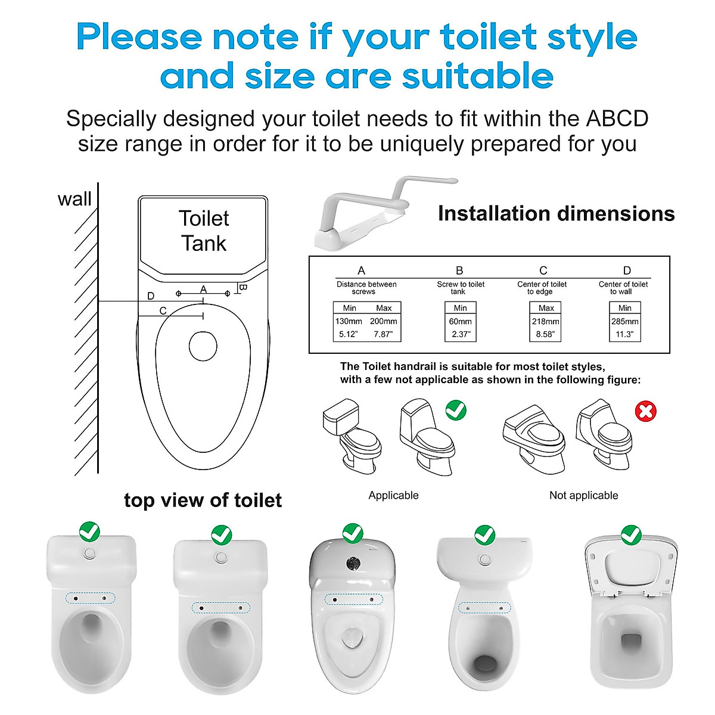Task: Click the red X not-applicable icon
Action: (x=646, y=411)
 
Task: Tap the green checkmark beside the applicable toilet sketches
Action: (x=456, y=410)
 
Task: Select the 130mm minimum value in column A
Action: (x=349, y=321)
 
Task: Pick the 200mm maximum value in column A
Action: (x=384, y=321)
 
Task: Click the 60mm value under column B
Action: (x=460, y=321)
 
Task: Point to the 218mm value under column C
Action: (x=546, y=321)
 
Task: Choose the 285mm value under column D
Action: (x=624, y=321)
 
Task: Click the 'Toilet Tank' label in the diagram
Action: (x=204, y=231)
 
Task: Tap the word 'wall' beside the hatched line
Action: (x=74, y=199)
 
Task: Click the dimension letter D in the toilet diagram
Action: (x=151, y=296)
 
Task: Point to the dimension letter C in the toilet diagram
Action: (x=163, y=311)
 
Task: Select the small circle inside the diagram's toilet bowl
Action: (x=203, y=346)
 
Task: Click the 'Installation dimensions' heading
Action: (x=556, y=213)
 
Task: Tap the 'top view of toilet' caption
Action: (x=203, y=500)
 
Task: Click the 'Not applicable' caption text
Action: (x=583, y=495)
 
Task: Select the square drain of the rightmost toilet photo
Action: (x=631, y=641)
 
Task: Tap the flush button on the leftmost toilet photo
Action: (x=90, y=554)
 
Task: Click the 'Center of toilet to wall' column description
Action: (x=623, y=288)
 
